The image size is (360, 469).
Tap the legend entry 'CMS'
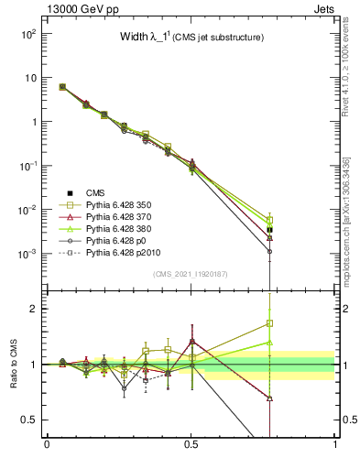click(x=95, y=192)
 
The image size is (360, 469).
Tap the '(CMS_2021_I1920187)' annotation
click(x=191, y=274)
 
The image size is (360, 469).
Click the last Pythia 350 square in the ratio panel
click(x=269, y=323)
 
